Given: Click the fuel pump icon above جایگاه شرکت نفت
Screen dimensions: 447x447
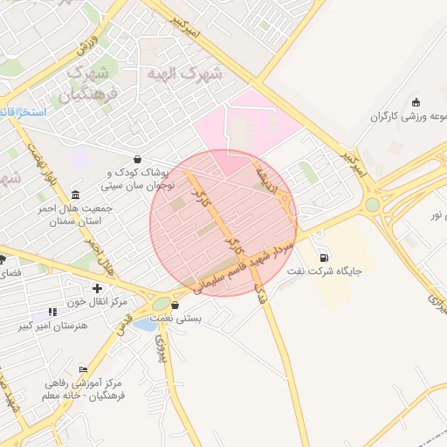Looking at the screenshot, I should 326,258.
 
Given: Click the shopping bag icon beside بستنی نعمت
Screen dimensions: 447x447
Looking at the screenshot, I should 175,306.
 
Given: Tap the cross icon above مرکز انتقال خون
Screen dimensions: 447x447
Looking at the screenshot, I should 97,288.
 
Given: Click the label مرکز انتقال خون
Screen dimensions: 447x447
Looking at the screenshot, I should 97,301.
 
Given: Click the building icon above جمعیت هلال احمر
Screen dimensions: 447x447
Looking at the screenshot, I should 76,194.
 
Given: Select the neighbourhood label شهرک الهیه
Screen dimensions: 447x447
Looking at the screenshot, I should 185,73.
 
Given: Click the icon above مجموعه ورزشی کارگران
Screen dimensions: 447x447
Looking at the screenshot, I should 415,102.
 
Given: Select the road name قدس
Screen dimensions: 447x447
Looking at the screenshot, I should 123,325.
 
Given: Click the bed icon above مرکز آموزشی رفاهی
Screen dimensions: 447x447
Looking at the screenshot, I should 83,369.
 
